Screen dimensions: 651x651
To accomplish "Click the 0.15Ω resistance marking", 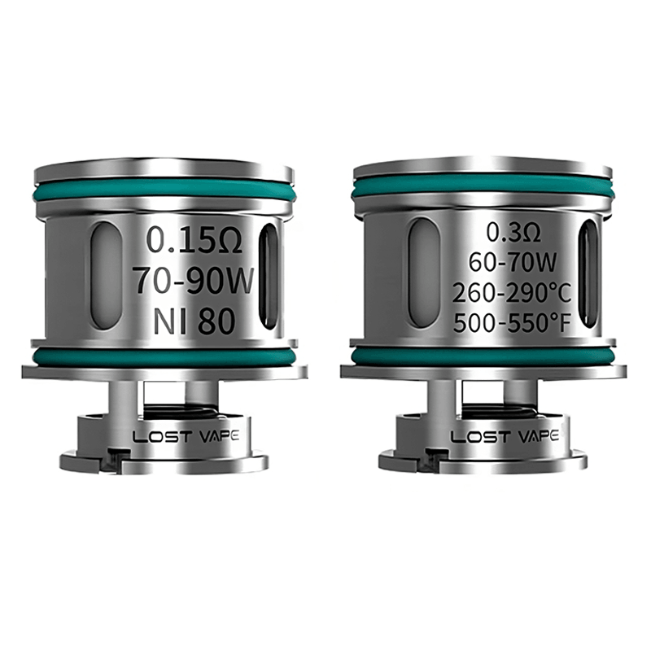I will click(190, 240).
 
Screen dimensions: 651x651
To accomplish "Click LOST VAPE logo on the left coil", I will click(186, 436).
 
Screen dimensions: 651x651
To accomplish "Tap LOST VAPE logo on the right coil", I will click(505, 436).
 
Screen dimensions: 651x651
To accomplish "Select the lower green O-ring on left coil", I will click(163, 356).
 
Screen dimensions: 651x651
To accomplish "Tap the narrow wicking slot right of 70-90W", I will click(269, 277).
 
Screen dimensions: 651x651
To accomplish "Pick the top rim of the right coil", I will click(482, 167).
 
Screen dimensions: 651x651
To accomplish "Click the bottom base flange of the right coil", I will click(485, 462).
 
